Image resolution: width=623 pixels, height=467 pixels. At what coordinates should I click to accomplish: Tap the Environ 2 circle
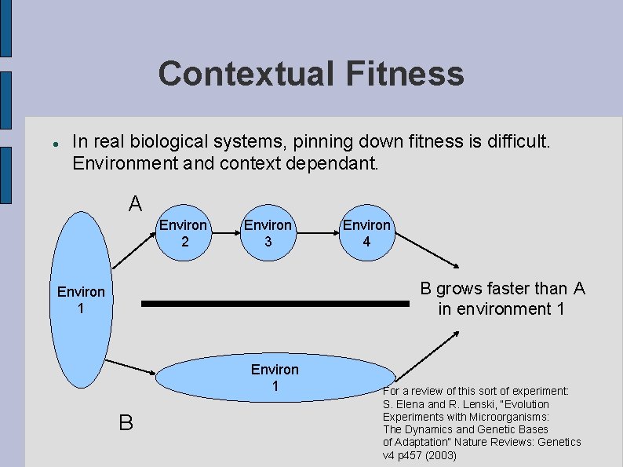coord(184,233)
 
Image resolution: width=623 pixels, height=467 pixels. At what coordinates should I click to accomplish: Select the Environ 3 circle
coord(268,233)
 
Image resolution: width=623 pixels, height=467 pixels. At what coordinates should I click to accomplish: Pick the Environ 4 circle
coord(366,233)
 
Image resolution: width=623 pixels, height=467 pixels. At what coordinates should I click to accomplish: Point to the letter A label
coord(135,205)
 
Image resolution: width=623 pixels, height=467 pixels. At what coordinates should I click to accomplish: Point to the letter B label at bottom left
coord(126,423)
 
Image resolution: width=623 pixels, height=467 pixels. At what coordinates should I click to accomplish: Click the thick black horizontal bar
coord(277,303)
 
